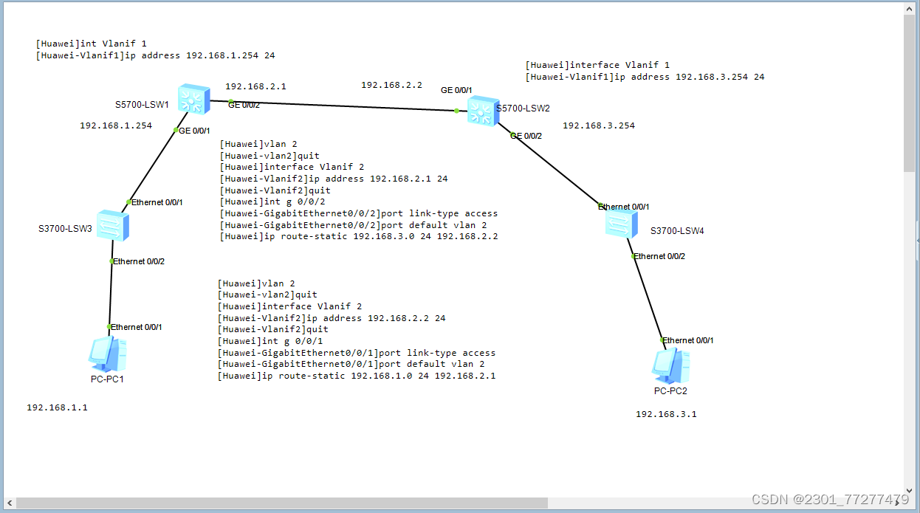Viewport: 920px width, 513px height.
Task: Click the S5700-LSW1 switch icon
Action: (194, 98)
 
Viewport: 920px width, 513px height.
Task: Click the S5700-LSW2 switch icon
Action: (483, 111)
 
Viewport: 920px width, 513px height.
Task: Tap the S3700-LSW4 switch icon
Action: (621, 222)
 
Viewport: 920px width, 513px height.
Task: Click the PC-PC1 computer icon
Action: (107, 354)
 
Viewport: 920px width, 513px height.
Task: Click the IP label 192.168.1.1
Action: (57, 407)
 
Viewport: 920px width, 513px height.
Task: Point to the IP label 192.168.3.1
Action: (666, 414)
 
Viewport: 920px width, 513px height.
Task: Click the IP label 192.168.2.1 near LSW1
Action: (255, 86)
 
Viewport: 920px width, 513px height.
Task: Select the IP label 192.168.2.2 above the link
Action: (391, 85)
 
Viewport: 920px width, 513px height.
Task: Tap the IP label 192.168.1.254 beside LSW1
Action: (116, 125)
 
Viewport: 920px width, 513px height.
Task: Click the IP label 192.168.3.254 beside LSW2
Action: (599, 125)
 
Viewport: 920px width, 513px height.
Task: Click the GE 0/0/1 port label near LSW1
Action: (195, 131)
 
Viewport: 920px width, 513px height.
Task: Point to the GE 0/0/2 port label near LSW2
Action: (526, 136)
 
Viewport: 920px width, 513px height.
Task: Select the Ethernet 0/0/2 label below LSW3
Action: (139, 261)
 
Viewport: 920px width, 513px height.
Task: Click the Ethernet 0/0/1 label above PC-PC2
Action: (687, 340)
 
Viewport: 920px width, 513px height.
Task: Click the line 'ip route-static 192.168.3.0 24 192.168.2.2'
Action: (359, 237)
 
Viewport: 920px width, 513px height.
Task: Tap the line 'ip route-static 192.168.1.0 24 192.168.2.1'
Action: (357, 376)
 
